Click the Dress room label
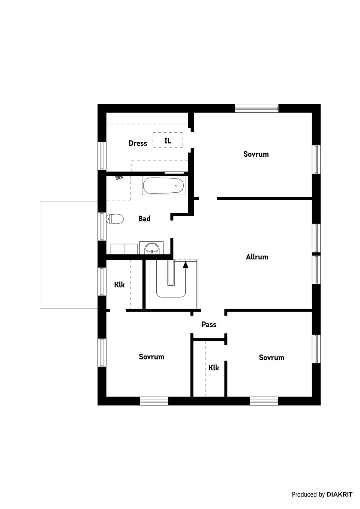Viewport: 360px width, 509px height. pos(138,143)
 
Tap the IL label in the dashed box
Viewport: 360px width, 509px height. pos(168,141)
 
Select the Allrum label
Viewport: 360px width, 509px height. pos(257,257)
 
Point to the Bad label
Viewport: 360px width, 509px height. pos(144,219)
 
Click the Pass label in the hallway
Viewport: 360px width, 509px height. pos(209,325)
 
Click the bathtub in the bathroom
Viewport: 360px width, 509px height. pos(163,186)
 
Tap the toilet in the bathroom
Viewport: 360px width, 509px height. pos(115,219)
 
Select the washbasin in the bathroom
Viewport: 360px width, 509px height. pos(152,248)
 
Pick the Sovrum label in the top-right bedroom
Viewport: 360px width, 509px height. pos(256,154)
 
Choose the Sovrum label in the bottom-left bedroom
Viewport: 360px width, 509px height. pos(151,357)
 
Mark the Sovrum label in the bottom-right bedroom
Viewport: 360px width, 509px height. pos(271,358)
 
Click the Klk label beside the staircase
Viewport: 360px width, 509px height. pos(119,285)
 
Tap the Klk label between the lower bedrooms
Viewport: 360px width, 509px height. pos(214,368)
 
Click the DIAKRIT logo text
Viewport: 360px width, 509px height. pos(339,494)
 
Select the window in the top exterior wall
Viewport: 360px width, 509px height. pos(257,108)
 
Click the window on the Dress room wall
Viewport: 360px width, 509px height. pos(102,156)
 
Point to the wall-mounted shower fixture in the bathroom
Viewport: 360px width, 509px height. pos(119,177)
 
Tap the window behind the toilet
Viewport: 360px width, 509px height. pos(102,226)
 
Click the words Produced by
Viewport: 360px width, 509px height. pos(308,495)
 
